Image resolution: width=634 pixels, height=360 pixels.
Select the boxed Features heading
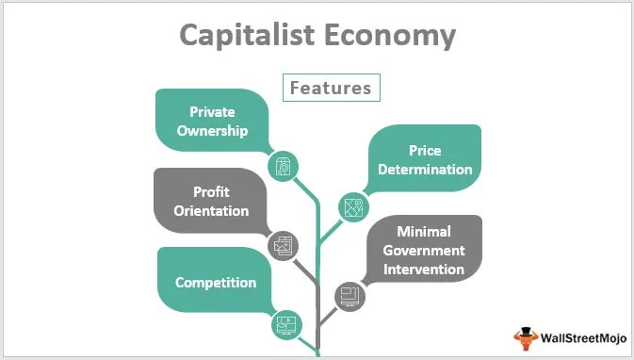tap(330, 88)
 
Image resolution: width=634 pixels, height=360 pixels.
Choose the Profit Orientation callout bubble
tap(211, 201)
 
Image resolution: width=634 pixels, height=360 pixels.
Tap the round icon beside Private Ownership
tap(283, 167)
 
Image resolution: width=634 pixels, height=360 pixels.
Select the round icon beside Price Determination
tap(354, 207)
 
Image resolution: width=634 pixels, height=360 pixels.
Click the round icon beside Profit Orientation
tap(283, 247)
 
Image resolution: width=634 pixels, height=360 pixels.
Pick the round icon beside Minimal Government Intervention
tap(349, 295)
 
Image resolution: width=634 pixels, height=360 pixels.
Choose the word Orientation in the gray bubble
tap(211, 210)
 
